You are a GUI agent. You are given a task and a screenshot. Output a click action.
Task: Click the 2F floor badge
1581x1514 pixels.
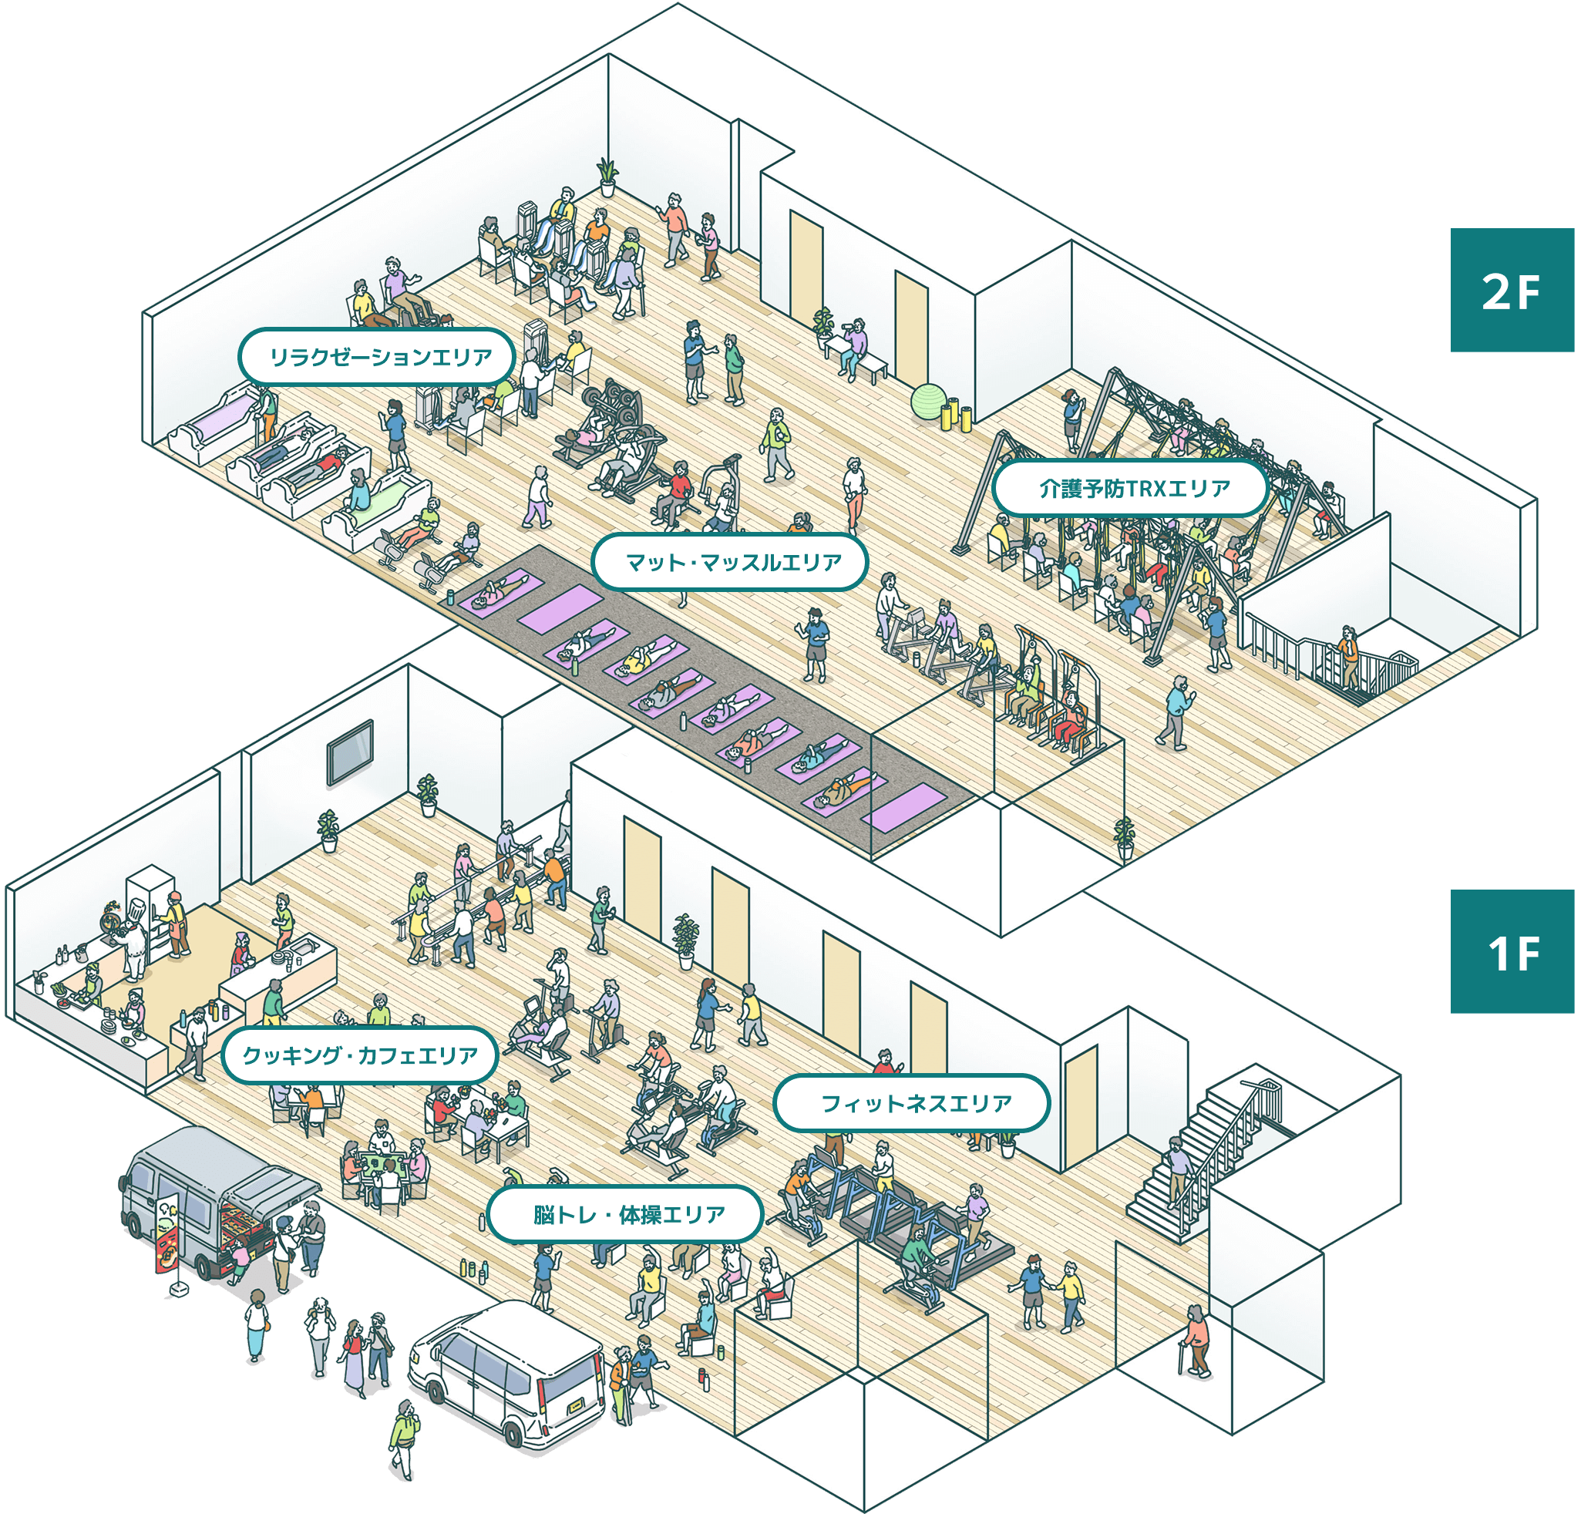coord(1511,291)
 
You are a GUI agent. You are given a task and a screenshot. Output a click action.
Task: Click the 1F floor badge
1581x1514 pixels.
coord(1511,952)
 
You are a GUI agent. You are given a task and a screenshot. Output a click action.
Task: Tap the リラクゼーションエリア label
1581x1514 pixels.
coord(377,356)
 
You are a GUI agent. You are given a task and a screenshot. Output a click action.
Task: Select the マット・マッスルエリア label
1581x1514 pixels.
coord(730,562)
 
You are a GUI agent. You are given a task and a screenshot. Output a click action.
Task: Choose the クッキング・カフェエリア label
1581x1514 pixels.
coord(359,1055)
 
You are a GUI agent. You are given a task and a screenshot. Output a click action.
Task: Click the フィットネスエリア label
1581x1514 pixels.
coord(911,1102)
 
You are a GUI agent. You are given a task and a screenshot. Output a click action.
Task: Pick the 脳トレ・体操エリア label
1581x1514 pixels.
coord(626,1214)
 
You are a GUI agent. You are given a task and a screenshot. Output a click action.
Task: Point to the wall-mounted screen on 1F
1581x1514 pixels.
coord(349,752)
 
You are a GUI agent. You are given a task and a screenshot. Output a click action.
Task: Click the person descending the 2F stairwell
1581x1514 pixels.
coord(1345,654)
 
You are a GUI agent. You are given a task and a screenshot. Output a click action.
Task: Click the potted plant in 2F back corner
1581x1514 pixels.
coord(607,176)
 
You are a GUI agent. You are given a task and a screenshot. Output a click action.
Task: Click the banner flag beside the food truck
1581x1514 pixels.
coord(168,1234)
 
